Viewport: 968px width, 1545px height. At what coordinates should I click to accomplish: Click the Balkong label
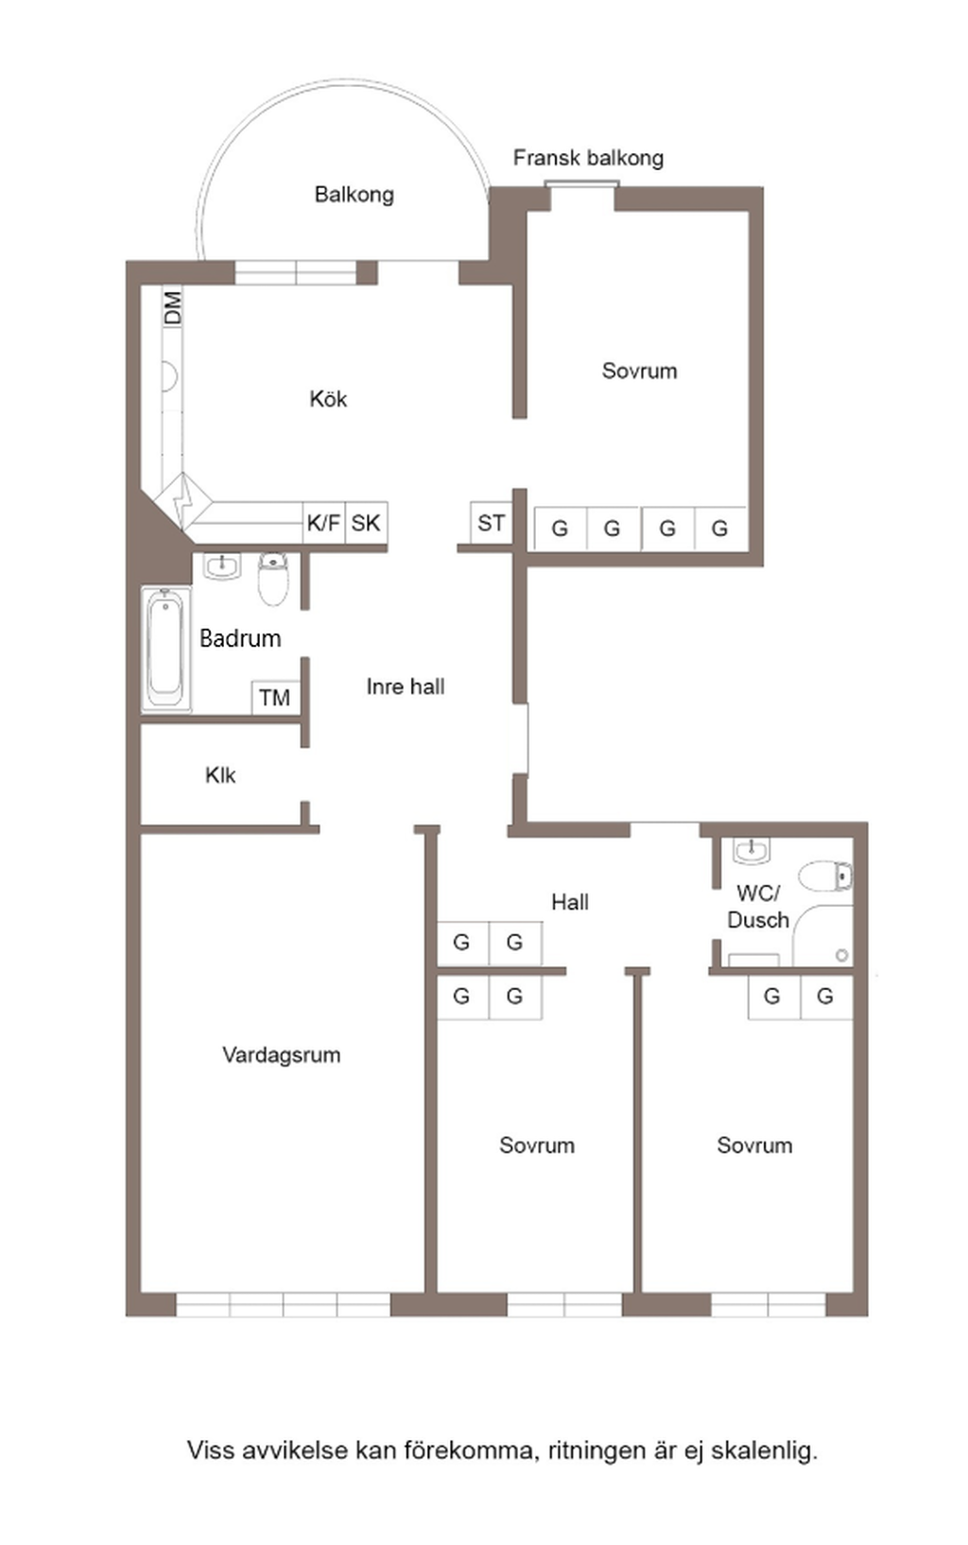(354, 195)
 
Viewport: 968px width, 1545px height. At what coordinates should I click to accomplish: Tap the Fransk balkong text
(588, 158)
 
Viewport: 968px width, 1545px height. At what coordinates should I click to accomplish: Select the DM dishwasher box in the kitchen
(173, 307)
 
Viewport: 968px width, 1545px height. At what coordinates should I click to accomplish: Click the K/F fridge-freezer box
(323, 523)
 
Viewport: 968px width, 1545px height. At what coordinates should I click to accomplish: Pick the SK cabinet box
(366, 523)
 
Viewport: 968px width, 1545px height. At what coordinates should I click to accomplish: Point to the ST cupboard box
(491, 523)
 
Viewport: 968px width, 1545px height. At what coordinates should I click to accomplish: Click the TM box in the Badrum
(274, 698)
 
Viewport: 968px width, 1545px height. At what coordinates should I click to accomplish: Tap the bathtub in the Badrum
(165, 649)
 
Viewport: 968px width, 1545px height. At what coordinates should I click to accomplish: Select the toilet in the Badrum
(273, 580)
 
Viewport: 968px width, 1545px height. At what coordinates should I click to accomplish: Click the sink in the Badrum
(222, 566)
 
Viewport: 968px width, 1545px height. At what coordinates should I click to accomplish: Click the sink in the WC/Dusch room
(752, 851)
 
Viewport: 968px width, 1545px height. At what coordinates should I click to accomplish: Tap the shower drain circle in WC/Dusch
(841, 956)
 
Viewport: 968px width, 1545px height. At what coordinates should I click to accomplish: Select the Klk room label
(220, 775)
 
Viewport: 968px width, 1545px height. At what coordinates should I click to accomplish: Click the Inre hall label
(406, 686)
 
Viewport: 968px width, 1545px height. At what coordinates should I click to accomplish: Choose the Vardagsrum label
(282, 1055)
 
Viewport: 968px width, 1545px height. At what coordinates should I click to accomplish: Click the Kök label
(328, 399)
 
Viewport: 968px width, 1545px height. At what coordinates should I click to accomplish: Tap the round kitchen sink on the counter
(168, 376)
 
